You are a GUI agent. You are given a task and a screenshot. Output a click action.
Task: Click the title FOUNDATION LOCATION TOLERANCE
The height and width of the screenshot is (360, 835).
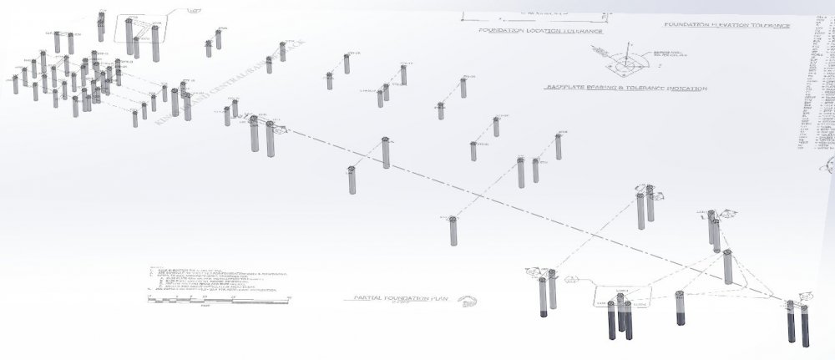(539, 31)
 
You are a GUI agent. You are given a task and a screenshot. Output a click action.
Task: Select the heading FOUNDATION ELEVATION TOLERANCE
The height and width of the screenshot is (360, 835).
(726, 25)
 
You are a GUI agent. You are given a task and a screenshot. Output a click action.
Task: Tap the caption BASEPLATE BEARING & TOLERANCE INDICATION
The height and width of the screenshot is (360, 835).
(625, 88)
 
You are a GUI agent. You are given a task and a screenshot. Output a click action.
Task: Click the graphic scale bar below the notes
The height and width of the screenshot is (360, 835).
(217, 298)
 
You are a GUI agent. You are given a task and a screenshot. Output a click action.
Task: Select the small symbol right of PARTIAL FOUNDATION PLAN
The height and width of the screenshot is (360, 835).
(468, 302)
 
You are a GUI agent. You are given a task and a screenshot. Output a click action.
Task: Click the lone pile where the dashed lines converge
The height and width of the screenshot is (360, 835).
(727, 267)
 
